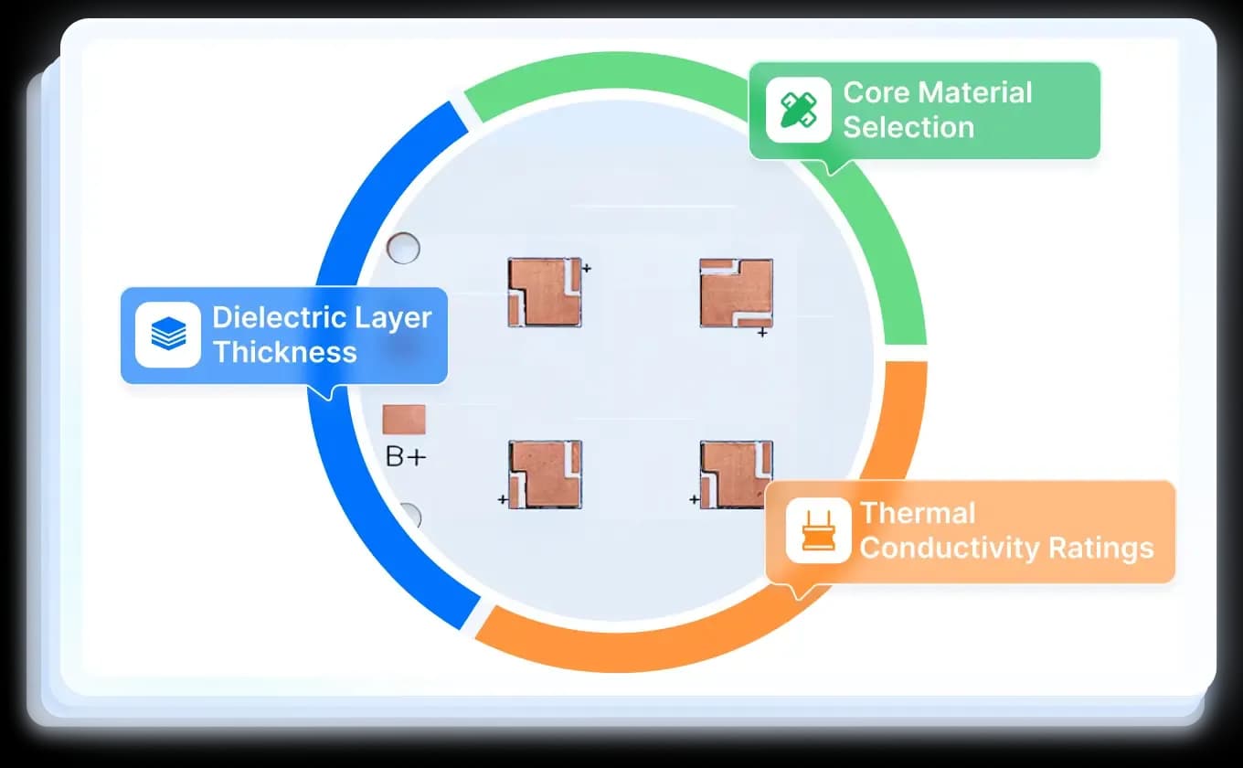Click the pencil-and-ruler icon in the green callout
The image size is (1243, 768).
[x=799, y=110]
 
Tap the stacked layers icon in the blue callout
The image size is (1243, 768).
[x=168, y=334]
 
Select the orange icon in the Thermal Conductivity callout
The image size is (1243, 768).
[x=819, y=530]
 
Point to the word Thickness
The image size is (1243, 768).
[x=284, y=352]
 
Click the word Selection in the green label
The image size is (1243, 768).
[x=908, y=127]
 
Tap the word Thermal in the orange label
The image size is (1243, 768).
[x=918, y=513]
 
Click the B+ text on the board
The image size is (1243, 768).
[x=406, y=457]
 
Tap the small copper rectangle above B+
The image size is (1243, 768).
[x=404, y=419]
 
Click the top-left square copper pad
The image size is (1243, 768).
[x=545, y=293]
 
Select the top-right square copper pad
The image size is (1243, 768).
[x=737, y=293]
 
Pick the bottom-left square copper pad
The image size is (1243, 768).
[x=546, y=475]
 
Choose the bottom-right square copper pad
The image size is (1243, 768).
[x=737, y=475]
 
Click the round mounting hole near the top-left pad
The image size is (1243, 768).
[x=403, y=248]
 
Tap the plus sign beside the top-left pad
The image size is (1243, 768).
[x=586, y=269]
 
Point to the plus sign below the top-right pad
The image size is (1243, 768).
[x=762, y=333]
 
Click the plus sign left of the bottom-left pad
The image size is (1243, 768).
[x=503, y=499]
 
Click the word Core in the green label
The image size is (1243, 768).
[x=877, y=92]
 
